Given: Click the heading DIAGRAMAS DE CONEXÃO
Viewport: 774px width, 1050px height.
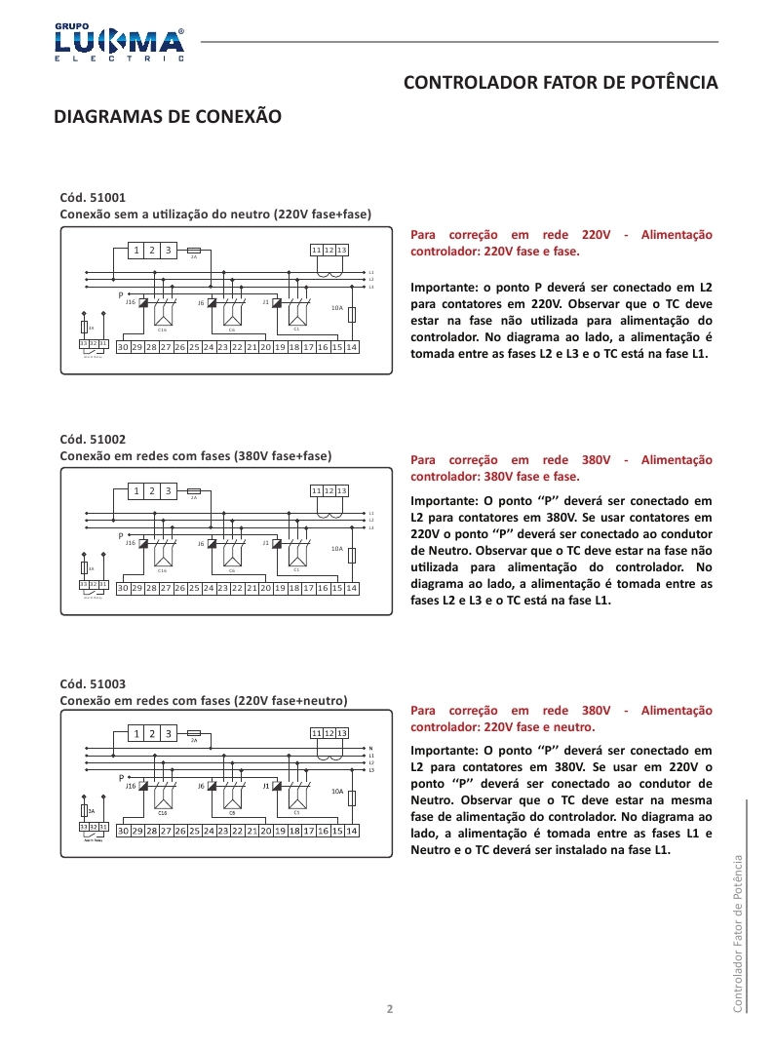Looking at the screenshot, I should pyautogui.click(x=168, y=117).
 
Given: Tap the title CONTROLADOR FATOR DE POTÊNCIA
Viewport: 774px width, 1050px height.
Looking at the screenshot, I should pyautogui.click(x=561, y=83).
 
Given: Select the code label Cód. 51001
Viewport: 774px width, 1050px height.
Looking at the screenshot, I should pyautogui.click(x=94, y=197).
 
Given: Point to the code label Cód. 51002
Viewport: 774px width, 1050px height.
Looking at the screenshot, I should pyautogui.click(x=94, y=440).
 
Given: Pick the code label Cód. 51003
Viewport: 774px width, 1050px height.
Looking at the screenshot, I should pyautogui.click(x=94, y=683).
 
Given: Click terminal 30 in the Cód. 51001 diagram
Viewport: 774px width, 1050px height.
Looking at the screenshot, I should pyautogui.click(x=123, y=347).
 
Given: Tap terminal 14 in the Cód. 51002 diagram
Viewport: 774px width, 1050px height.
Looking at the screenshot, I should pyautogui.click(x=352, y=588).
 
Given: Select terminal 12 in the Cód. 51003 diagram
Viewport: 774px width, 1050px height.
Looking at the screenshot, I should pyautogui.click(x=329, y=732).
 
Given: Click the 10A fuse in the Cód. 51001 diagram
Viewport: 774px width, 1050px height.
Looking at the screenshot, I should pyautogui.click(x=351, y=314).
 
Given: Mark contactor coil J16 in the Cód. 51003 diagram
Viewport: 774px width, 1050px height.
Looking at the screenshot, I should pyautogui.click(x=143, y=786).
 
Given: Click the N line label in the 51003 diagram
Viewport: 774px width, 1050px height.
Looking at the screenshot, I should pyautogui.click(x=371, y=748).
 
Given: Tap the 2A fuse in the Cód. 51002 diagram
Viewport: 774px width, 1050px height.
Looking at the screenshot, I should pyautogui.click(x=194, y=490).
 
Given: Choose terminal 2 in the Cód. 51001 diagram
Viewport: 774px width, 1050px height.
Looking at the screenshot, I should pyautogui.click(x=152, y=251).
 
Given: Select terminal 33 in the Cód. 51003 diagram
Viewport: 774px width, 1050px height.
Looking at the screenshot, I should pyautogui.click(x=84, y=827).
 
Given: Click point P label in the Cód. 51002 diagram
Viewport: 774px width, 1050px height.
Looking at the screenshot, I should pyautogui.click(x=121, y=535).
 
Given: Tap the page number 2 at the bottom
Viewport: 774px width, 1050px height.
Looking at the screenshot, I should pyautogui.click(x=390, y=1008).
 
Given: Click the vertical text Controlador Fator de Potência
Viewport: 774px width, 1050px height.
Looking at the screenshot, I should pyautogui.click(x=738, y=931).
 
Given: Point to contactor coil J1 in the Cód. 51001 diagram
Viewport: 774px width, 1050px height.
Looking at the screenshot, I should pyautogui.click(x=277, y=303).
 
